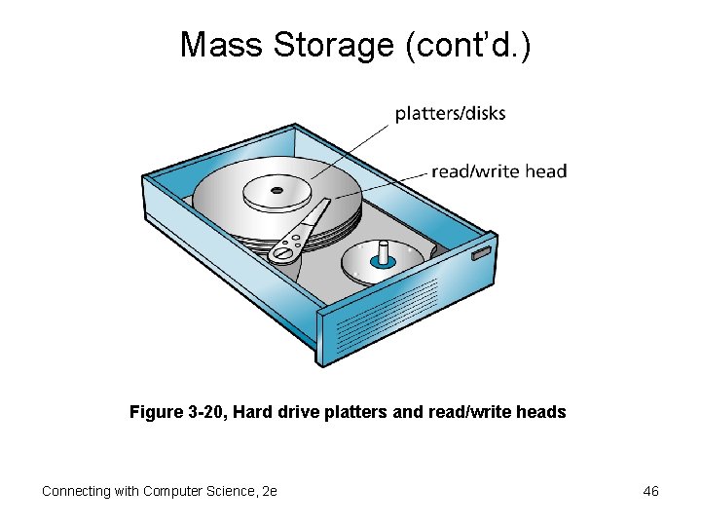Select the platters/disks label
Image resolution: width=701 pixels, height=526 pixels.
pos(450,113)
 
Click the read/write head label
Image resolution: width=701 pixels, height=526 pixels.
pos(498,171)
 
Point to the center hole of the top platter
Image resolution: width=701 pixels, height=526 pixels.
pos(277,189)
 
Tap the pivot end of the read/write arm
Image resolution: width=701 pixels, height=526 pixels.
pos(283,253)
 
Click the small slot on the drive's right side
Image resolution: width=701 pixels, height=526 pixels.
pos(481,254)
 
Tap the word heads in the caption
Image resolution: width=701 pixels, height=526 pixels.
pos(543,412)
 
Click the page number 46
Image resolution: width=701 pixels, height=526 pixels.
pos(651,491)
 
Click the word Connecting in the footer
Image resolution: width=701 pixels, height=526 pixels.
pos(75,491)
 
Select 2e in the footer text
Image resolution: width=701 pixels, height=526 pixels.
pos(270,491)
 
